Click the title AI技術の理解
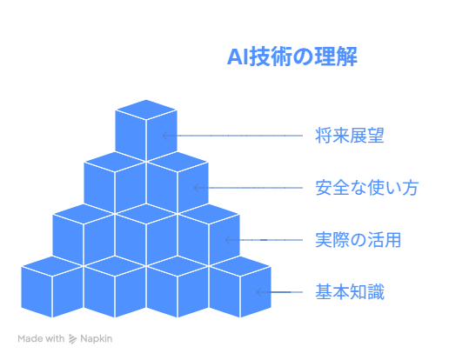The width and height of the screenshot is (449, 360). pyautogui.click(x=292, y=57)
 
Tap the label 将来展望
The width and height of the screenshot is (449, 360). pyautogui.click(x=350, y=136)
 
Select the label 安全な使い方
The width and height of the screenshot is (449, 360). pyautogui.click(x=366, y=188)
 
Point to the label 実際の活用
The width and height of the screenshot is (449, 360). pyautogui.click(x=358, y=240)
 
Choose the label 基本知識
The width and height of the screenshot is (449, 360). pyautogui.click(x=350, y=292)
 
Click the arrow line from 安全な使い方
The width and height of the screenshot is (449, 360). pyautogui.click(x=248, y=188)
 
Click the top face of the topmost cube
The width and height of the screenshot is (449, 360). pyautogui.click(x=146, y=110)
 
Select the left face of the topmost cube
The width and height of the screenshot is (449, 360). pyautogui.click(x=131, y=135)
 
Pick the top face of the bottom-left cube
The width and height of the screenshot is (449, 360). pyautogui.click(x=52, y=266)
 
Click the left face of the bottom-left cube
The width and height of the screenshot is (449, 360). pyautogui.click(x=37, y=291)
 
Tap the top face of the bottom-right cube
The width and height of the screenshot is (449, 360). pyautogui.click(x=240, y=266)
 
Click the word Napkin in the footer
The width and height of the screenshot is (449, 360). pyautogui.click(x=96, y=338)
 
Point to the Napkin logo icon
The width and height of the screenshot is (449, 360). pyautogui.click(x=72, y=338)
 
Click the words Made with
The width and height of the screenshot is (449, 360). pyautogui.click(x=41, y=338)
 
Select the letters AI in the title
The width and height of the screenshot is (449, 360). pyautogui.click(x=238, y=57)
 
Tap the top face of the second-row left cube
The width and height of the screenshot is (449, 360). pyautogui.click(x=115, y=162)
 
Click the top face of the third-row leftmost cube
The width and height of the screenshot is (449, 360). pyautogui.click(x=84, y=214)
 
